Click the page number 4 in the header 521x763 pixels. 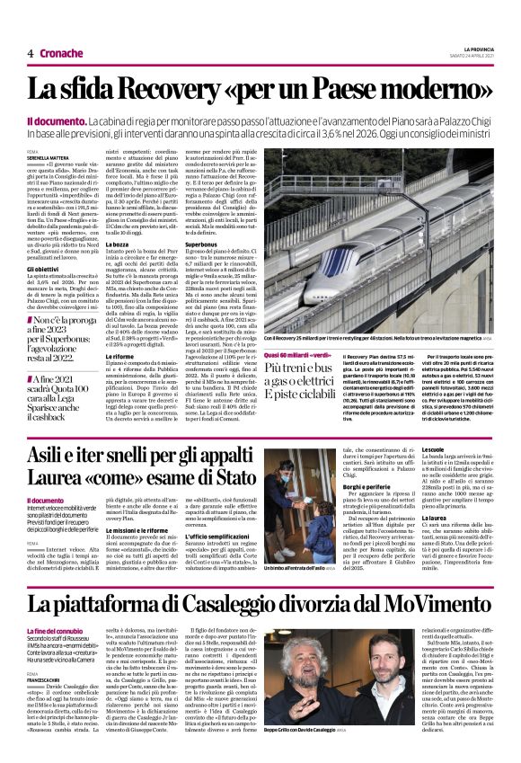30,53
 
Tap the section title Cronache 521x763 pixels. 61,53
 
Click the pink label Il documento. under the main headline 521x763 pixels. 82,120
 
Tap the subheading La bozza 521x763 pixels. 118,244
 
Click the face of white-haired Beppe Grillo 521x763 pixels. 289,661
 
